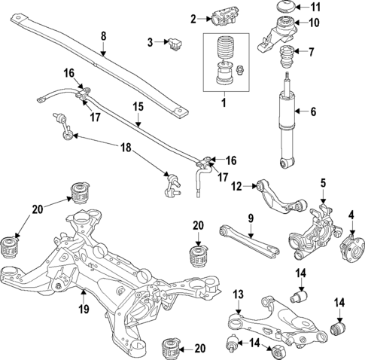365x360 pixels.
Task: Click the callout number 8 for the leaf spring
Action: tap(104, 35)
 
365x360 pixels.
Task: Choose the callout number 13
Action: tap(237, 293)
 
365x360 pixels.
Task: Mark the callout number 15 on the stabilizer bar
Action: tap(138, 108)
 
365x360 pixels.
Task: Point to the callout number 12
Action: tap(236, 186)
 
